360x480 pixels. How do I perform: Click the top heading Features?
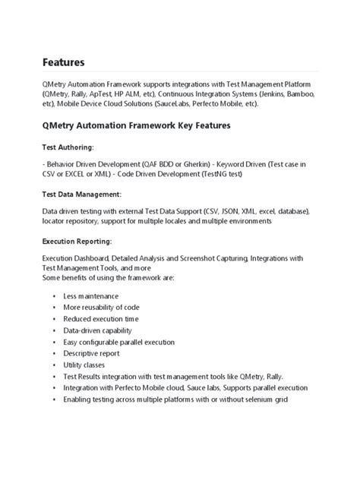pos(64,62)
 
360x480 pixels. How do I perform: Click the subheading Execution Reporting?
pos(77,242)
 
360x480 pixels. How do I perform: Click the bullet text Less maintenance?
pos(91,295)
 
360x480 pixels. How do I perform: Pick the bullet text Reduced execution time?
pos(101,319)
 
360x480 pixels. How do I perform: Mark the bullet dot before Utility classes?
pos(55,365)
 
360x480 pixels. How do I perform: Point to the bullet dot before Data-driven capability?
pos(55,330)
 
